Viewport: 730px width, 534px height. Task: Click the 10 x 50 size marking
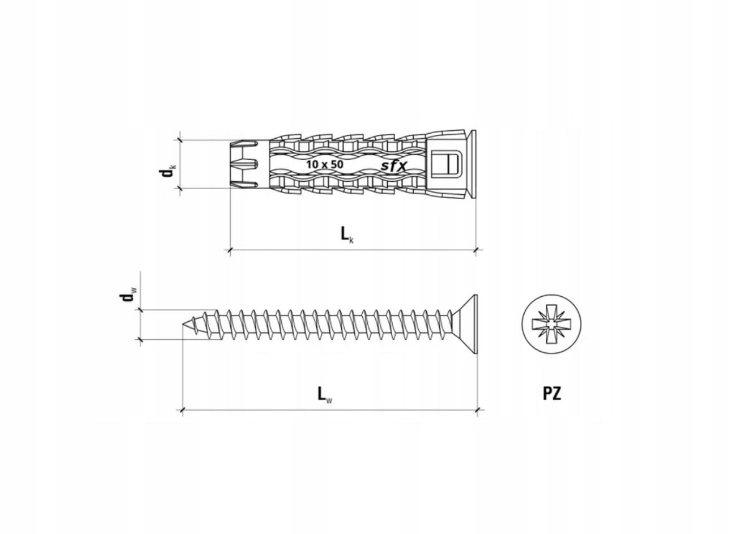324,164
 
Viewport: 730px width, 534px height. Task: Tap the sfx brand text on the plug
395,166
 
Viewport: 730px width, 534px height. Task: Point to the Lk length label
347,235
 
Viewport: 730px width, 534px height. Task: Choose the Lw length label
325,395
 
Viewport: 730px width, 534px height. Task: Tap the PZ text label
551,394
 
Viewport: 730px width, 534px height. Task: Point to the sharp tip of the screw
182,324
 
